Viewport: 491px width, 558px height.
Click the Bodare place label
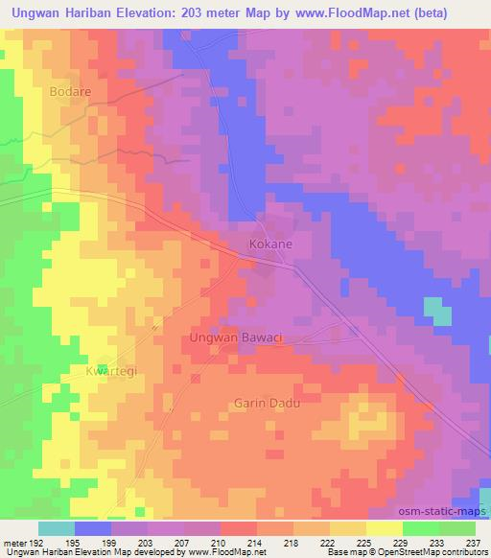(x=69, y=91)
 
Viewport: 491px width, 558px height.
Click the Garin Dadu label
(x=267, y=404)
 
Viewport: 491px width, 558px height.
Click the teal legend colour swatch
(x=57, y=528)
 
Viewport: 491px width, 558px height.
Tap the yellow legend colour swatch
(x=385, y=528)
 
